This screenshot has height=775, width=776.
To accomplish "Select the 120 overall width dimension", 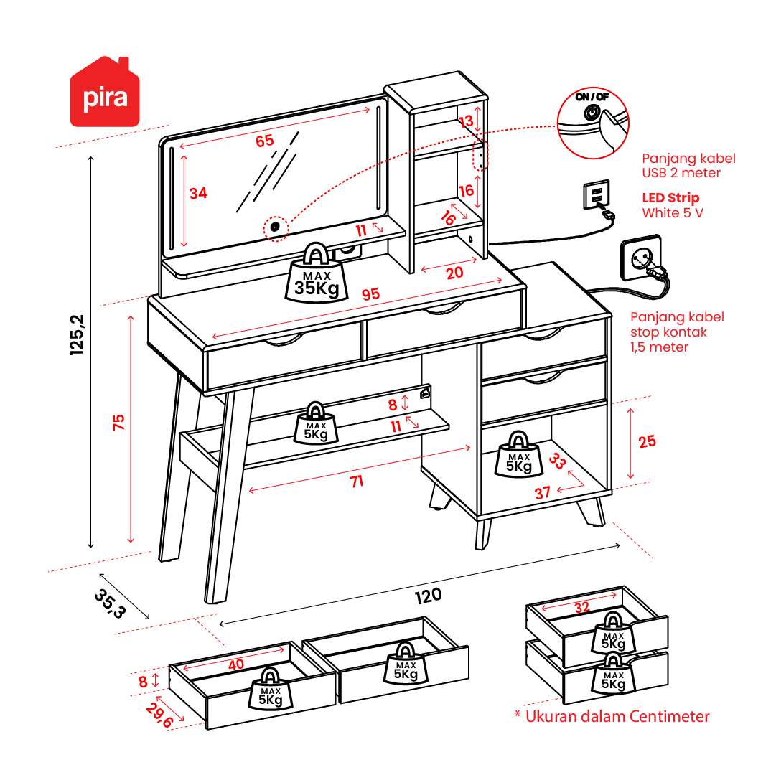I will [x=427, y=595].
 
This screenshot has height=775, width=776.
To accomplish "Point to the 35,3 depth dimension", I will [x=109, y=603].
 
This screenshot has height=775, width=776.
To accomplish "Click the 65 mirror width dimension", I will [x=265, y=141].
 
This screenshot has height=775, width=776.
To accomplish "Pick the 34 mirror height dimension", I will [x=198, y=193].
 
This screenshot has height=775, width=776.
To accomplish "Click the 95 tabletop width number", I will [x=370, y=294].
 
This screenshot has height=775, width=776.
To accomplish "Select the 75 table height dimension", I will [x=119, y=422].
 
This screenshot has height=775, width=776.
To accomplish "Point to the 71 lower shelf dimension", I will [x=357, y=482].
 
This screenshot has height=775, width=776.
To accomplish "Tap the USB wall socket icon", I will [x=597, y=194].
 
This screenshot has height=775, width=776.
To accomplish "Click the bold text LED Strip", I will [x=670, y=198].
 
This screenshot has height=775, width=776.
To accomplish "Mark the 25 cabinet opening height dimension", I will [x=647, y=441].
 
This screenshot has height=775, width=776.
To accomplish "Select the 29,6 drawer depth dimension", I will [x=159, y=715].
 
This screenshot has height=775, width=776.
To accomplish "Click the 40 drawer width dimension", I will [x=236, y=664].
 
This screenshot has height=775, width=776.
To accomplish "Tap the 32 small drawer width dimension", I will [x=581, y=607].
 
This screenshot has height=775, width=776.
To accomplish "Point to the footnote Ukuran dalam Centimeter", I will [x=612, y=716].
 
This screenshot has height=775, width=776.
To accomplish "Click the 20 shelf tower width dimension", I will [x=454, y=273].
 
